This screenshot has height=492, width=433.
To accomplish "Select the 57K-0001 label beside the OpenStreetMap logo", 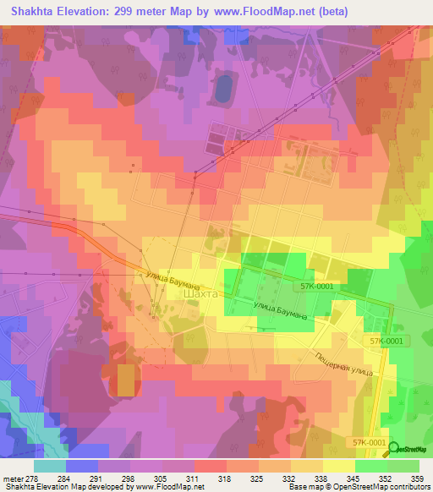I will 370,442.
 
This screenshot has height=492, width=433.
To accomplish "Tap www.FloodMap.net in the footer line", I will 173,487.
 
